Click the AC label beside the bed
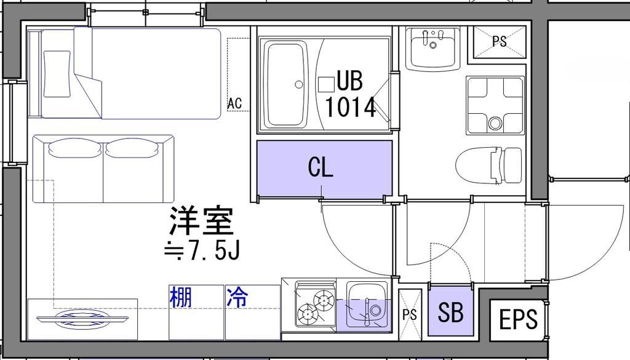[234, 103]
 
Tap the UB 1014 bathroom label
[349, 94]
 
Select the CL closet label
[321, 167]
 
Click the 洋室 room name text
[201, 222]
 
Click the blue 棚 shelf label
[180, 297]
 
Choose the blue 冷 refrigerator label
[237, 297]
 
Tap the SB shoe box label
[450, 313]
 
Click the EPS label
[518, 319]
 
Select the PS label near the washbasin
[500, 42]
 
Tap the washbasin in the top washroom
[433, 48]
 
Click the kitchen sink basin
[367, 304]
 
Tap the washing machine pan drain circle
[495, 122]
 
